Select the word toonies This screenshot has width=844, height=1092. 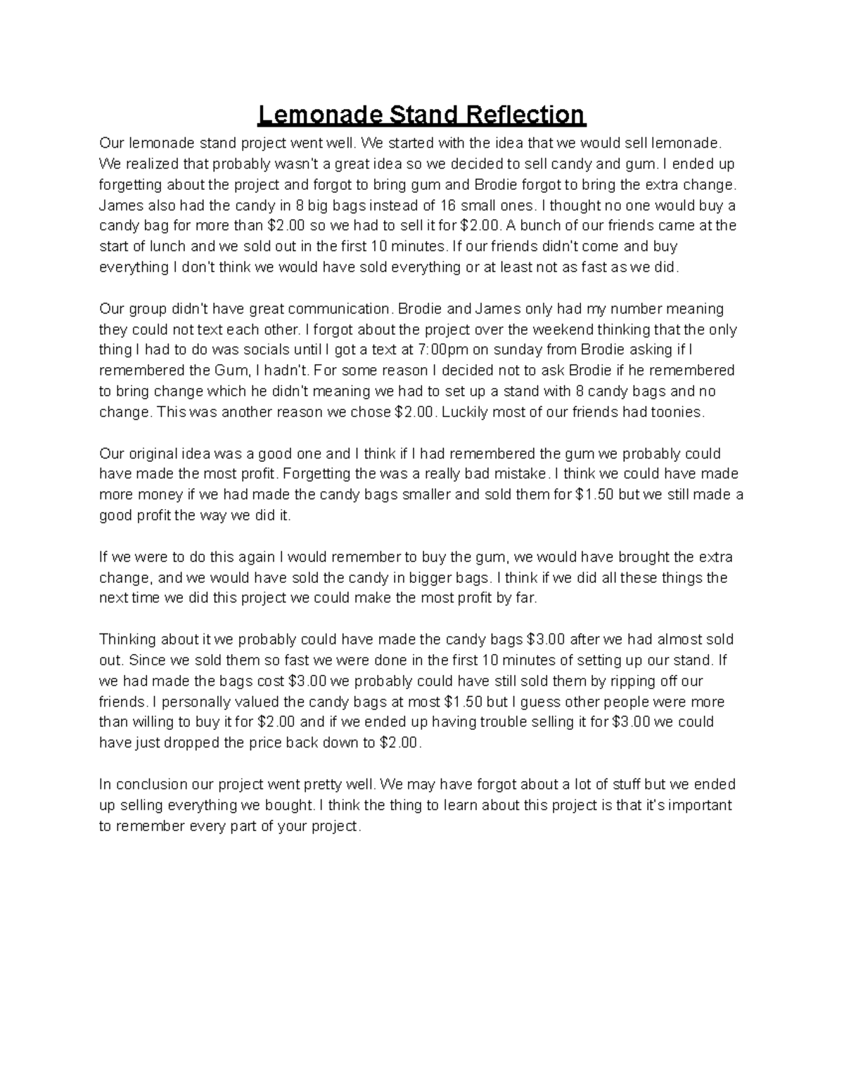(x=676, y=412)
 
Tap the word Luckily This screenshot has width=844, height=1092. (x=464, y=412)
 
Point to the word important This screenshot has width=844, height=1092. (x=698, y=805)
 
